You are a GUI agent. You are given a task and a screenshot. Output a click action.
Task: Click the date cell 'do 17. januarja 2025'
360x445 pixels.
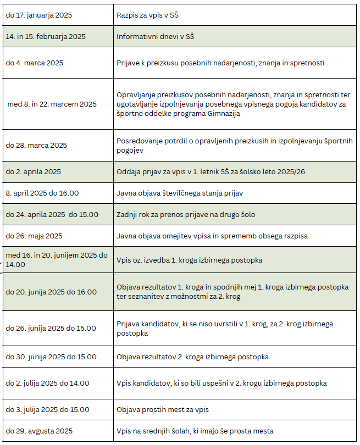[40, 15]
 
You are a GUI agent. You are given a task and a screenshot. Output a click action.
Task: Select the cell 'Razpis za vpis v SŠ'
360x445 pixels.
[148, 15]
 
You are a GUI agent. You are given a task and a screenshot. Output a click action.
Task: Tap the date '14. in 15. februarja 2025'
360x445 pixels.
[46, 37]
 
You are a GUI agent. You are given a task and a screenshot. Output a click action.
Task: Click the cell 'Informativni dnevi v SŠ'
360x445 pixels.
[155, 37]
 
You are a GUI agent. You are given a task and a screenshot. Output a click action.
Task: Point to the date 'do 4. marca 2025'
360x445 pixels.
[35, 63]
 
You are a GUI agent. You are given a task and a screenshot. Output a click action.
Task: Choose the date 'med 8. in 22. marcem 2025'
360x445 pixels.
[52, 104]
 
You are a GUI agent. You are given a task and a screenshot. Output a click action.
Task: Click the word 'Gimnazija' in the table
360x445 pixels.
[224, 114]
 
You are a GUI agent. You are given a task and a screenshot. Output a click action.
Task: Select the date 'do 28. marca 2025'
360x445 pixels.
[36, 145]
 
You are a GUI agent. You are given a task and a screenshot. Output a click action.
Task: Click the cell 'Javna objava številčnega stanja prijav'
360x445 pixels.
[180, 193]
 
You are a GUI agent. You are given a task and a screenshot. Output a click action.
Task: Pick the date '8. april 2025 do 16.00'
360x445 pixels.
[42, 193]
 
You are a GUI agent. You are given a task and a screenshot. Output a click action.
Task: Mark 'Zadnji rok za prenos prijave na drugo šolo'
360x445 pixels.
[186, 214]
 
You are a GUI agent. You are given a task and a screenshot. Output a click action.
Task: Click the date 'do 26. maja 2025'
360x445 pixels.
[34, 236]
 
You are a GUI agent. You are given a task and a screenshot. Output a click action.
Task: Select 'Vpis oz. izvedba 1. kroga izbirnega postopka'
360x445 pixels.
[189, 260]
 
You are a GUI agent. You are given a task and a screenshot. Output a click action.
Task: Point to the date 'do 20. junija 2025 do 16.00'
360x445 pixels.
[51, 292]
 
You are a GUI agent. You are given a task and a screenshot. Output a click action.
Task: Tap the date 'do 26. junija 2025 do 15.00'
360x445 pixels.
[51, 329]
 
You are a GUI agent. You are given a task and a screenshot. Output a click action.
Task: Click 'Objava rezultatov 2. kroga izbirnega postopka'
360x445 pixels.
[192, 357]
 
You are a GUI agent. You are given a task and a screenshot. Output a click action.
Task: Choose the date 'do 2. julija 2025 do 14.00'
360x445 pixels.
[47, 383]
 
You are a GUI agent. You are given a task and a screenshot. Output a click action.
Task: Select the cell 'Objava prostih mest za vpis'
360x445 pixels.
[163, 409]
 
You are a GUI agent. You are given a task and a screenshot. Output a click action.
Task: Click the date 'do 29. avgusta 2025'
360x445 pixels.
[39, 431]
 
